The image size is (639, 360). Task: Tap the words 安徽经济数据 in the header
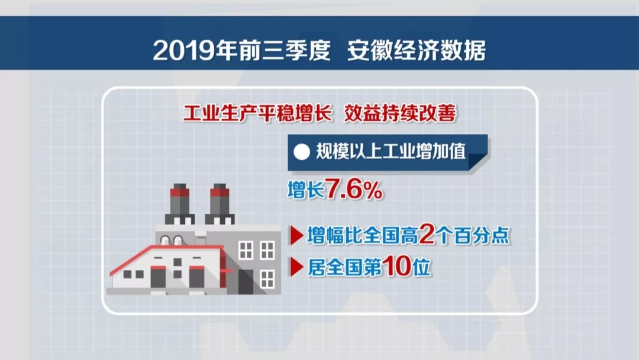click(417, 50)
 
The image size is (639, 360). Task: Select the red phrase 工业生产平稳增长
click(257, 113)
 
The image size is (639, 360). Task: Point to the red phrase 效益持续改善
click(400, 113)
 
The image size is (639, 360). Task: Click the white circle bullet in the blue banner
click(302, 152)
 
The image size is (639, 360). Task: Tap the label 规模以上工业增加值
click(391, 152)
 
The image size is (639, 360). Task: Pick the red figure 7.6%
click(354, 190)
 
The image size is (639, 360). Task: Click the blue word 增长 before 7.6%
click(306, 190)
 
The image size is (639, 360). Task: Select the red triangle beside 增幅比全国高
click(296, 235)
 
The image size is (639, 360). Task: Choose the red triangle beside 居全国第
click(296, 267)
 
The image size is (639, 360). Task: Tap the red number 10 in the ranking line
click(396, 266)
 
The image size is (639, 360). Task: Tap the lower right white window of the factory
click(267, 279)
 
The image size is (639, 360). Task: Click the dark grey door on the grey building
click(246, 282)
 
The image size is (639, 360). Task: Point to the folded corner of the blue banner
click(478, 162)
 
